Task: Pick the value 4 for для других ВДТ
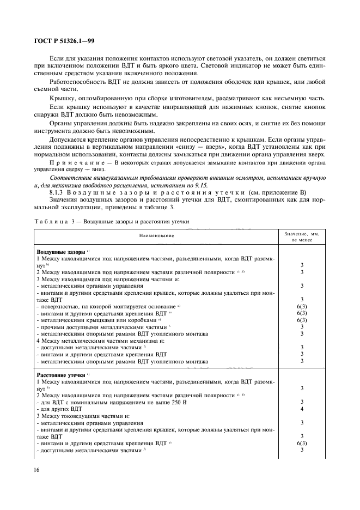pos(301,409)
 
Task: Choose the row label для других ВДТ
pos(60,409)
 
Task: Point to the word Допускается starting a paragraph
pos(70,139)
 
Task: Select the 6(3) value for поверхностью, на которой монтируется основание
pos(301,307)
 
